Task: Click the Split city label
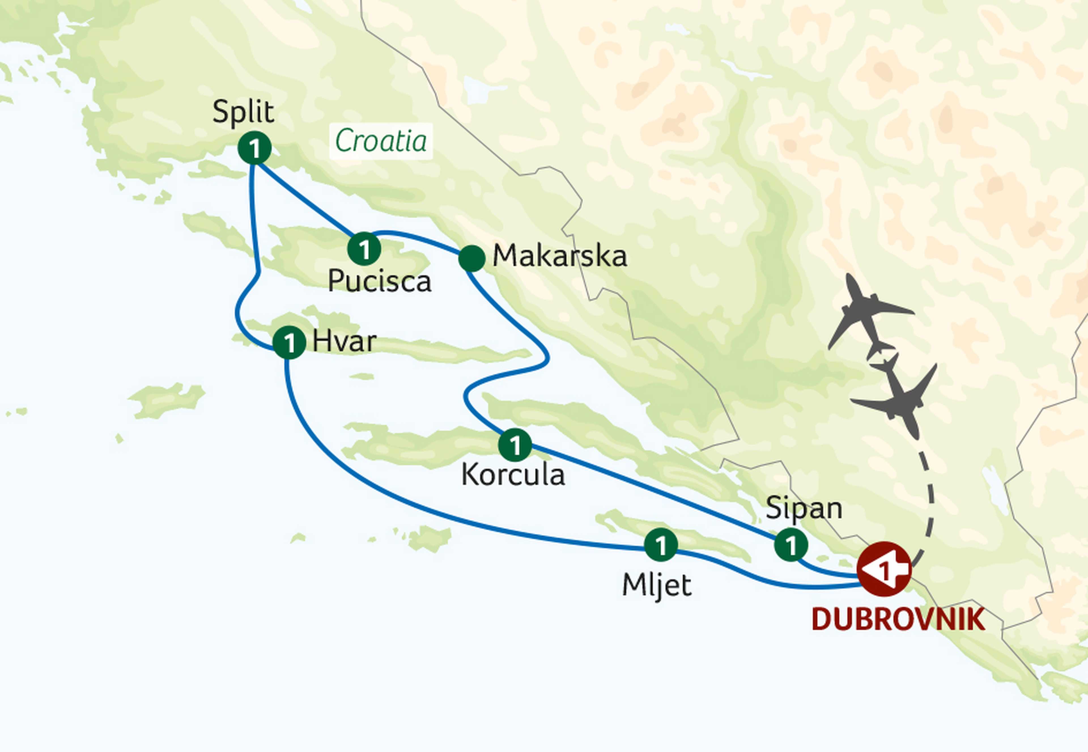pyautogui.click(x=243, y=112)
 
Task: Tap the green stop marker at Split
pyautogui.click(x=254, y=148)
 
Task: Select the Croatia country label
pyautogui.click(x=381, y=141)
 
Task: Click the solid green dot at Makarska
pyautogui.click(x=471, y=258)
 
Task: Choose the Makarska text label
pyautogui.click(x=560, y=257)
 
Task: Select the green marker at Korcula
pyautogui.click(x=515, y=444)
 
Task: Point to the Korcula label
pyautogui.click(x=513, y=475)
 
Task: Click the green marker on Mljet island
pyautogui.click(x=661, y=545)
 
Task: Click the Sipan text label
pyautogui.click(x=804, y=509)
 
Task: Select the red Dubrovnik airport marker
pyautogui.click(x=884, y=569)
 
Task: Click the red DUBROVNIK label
pyautogui.click(x=898, y=619)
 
